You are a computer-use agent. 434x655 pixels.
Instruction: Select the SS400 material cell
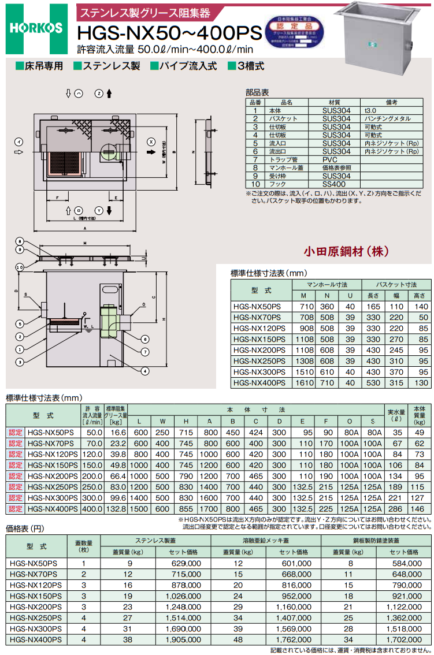pyautogui.click(x=336, y=184)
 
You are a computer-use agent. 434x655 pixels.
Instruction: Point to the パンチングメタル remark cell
pyautogui.click(x=391, y=118)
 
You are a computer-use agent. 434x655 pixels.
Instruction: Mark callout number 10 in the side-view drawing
pyautogui.click(x=20, y=267)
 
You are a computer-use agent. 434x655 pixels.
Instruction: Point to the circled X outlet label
pyautogui.click(x=150, y=141)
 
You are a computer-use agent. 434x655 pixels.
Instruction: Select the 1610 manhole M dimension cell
pyautogui.click(x=306, y=382)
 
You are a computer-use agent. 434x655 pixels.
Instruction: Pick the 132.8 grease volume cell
pyautogui.click(x=116, y=509)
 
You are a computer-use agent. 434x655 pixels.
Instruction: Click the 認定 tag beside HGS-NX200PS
pyautogui.click(x=16, y=476)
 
